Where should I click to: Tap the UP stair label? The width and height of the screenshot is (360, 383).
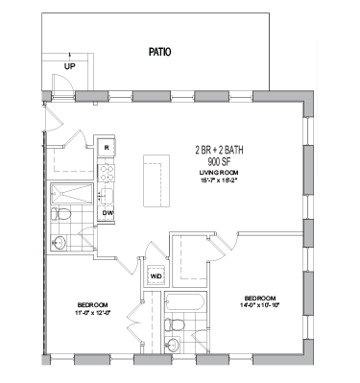69,66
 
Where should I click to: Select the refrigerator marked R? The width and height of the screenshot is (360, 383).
108,147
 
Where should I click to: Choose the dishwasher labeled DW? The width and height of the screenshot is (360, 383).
108,212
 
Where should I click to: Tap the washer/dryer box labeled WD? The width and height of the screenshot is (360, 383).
156,276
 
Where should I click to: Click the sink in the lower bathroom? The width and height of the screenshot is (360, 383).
174,346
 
